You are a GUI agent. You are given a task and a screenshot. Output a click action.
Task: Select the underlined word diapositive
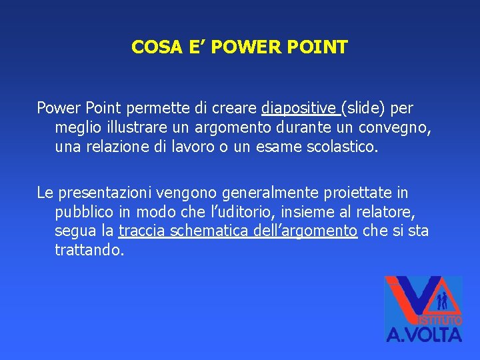[x=299, y=107]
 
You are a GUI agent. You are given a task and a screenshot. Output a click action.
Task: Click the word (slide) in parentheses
[x=365, y=107]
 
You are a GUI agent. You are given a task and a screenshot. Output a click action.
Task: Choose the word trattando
[x=89, y=251]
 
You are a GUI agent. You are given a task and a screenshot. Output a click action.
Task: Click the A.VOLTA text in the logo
[x=424, y=332]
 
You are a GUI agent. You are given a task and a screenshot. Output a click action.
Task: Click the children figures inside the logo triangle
[x=441, y=301]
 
